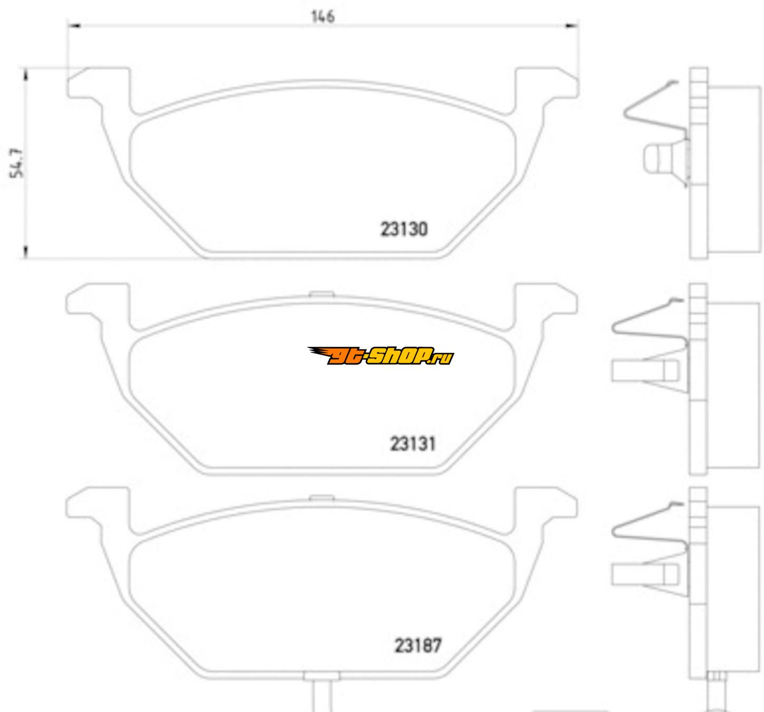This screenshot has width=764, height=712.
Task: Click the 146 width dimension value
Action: point(322,17)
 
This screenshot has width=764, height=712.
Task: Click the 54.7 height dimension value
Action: point(16,163)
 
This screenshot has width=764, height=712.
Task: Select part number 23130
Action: point(404,229)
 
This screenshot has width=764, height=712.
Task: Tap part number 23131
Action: point(413,444)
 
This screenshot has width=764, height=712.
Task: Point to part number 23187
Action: point(418,646)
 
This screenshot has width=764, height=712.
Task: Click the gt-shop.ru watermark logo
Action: point(380,356)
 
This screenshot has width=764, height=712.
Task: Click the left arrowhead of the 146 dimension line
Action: point(74,26)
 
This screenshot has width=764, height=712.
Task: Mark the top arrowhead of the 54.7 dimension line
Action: point(25,75)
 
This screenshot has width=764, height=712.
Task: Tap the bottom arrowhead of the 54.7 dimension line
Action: point(25,252)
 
